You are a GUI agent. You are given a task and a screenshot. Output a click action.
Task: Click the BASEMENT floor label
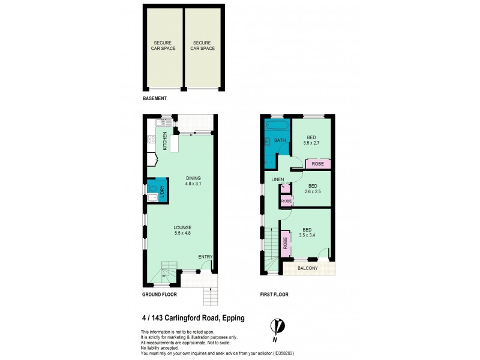(154, 98)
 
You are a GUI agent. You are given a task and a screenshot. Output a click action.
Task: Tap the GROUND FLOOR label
(159, 295)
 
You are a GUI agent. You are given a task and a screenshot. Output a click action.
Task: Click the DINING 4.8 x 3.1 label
(193, 181)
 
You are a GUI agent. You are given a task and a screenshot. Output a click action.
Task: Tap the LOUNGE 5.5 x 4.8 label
(182, 230)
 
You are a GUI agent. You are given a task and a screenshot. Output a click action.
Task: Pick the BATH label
(280, 141)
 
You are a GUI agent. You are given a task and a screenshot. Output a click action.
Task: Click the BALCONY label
(308, 268)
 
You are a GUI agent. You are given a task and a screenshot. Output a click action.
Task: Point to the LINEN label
(277, 180)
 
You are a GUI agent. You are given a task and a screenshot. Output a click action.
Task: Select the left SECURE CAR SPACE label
(163, 45)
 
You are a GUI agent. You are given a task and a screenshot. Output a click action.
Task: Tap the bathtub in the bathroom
(277, 126)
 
